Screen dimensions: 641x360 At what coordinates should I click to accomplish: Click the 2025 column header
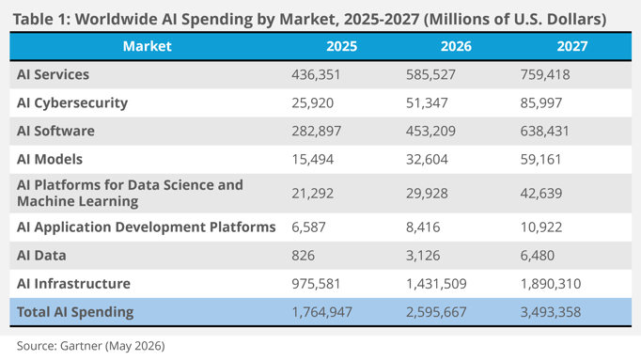pyautogui.click(x=341, y=46)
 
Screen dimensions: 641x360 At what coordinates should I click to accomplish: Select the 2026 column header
pyautogui.click(x=456, y=46)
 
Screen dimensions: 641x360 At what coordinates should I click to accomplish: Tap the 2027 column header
pyautogui.click(x=571, y=46)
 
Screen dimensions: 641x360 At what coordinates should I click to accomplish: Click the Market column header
pyautogui.click(x=148, y=46)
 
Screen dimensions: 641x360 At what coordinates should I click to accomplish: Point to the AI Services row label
pyautogui.click(x=54, y=75)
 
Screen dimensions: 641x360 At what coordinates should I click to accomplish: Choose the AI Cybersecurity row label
pyautogui.click(x=72, y=103)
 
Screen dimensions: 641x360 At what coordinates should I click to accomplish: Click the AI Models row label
pyautogui.click(x=50, y=160)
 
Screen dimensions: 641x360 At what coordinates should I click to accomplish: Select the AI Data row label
pyautogui.click(x=41, y=256)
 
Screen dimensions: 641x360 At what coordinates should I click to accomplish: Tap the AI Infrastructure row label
pyautogui.click(x=73, y=284)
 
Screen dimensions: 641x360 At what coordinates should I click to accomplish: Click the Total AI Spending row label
pyautogui.click(x=75, y=312)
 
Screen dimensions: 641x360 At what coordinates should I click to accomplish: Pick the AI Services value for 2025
pyautogui.click(x=316, y=75)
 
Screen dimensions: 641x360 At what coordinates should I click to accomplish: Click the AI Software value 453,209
pyautogui.click(x=430, y=132)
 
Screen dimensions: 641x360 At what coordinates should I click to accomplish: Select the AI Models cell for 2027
pyautogui.click(x=540, y=160)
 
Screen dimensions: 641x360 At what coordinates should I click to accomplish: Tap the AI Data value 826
pyautogui.click(x=303, y=256)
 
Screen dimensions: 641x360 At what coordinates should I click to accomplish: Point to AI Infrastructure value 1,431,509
pyautogui.click(x=436, y=284)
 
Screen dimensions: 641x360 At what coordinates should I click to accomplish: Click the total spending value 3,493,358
pyautogui.click(x=551, y=312)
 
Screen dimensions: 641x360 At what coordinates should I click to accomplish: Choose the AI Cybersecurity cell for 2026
pyautogui.click(x=427, y=103)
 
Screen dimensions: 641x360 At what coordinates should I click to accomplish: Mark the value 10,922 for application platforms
pyautogui.click(x=541, y=227)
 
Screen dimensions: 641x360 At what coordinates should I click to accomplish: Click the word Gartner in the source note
pyautogui.click(x=81, y=346)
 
